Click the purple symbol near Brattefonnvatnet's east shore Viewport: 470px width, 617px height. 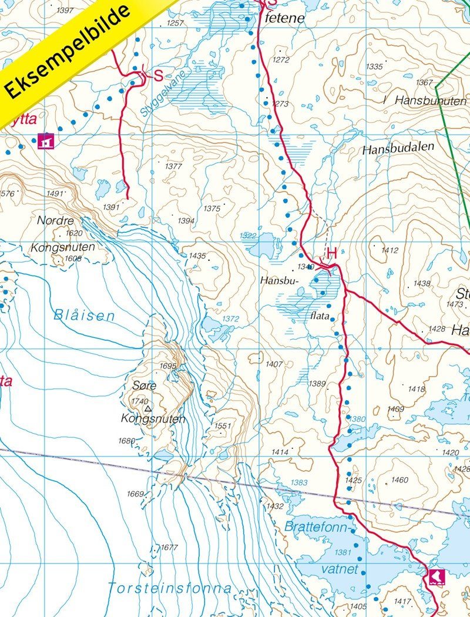[x=436, y=575]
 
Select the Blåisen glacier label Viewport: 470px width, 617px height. [x=84, y=315]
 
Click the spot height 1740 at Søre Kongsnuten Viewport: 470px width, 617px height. [x=140, y=401]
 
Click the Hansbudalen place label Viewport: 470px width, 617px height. [x=398, y=149]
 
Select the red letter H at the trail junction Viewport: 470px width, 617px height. [x=331, y=253]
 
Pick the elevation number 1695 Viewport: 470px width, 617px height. [x=167, y=366]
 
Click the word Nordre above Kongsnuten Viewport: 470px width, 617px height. [x=55, y=221]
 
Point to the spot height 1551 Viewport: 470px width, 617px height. [x=223, y=425]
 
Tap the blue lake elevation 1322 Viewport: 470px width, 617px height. [x=248, y=235]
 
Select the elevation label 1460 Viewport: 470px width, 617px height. [x=399, y=480]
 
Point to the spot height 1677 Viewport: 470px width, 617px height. [x=169, y=547]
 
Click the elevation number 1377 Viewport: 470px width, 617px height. [x=173, y=166]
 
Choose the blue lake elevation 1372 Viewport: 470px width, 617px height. [x=230, y=318]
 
